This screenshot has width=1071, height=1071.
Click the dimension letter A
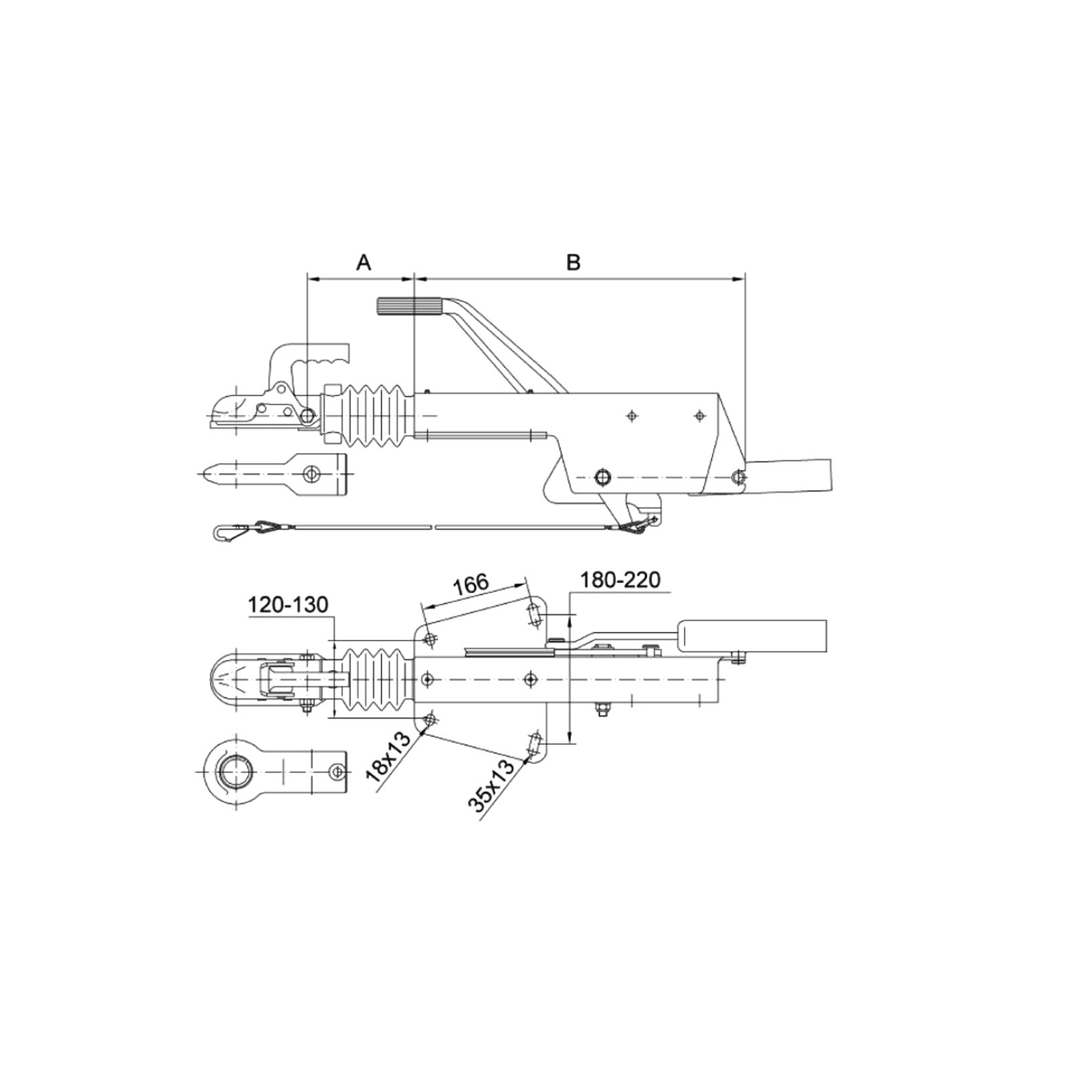363,262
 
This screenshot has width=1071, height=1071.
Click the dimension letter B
573,262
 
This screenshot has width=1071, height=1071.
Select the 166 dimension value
471,584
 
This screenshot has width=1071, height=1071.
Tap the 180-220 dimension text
620,580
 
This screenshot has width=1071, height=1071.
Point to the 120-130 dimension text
289,605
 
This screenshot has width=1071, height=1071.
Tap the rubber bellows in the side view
375,415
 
